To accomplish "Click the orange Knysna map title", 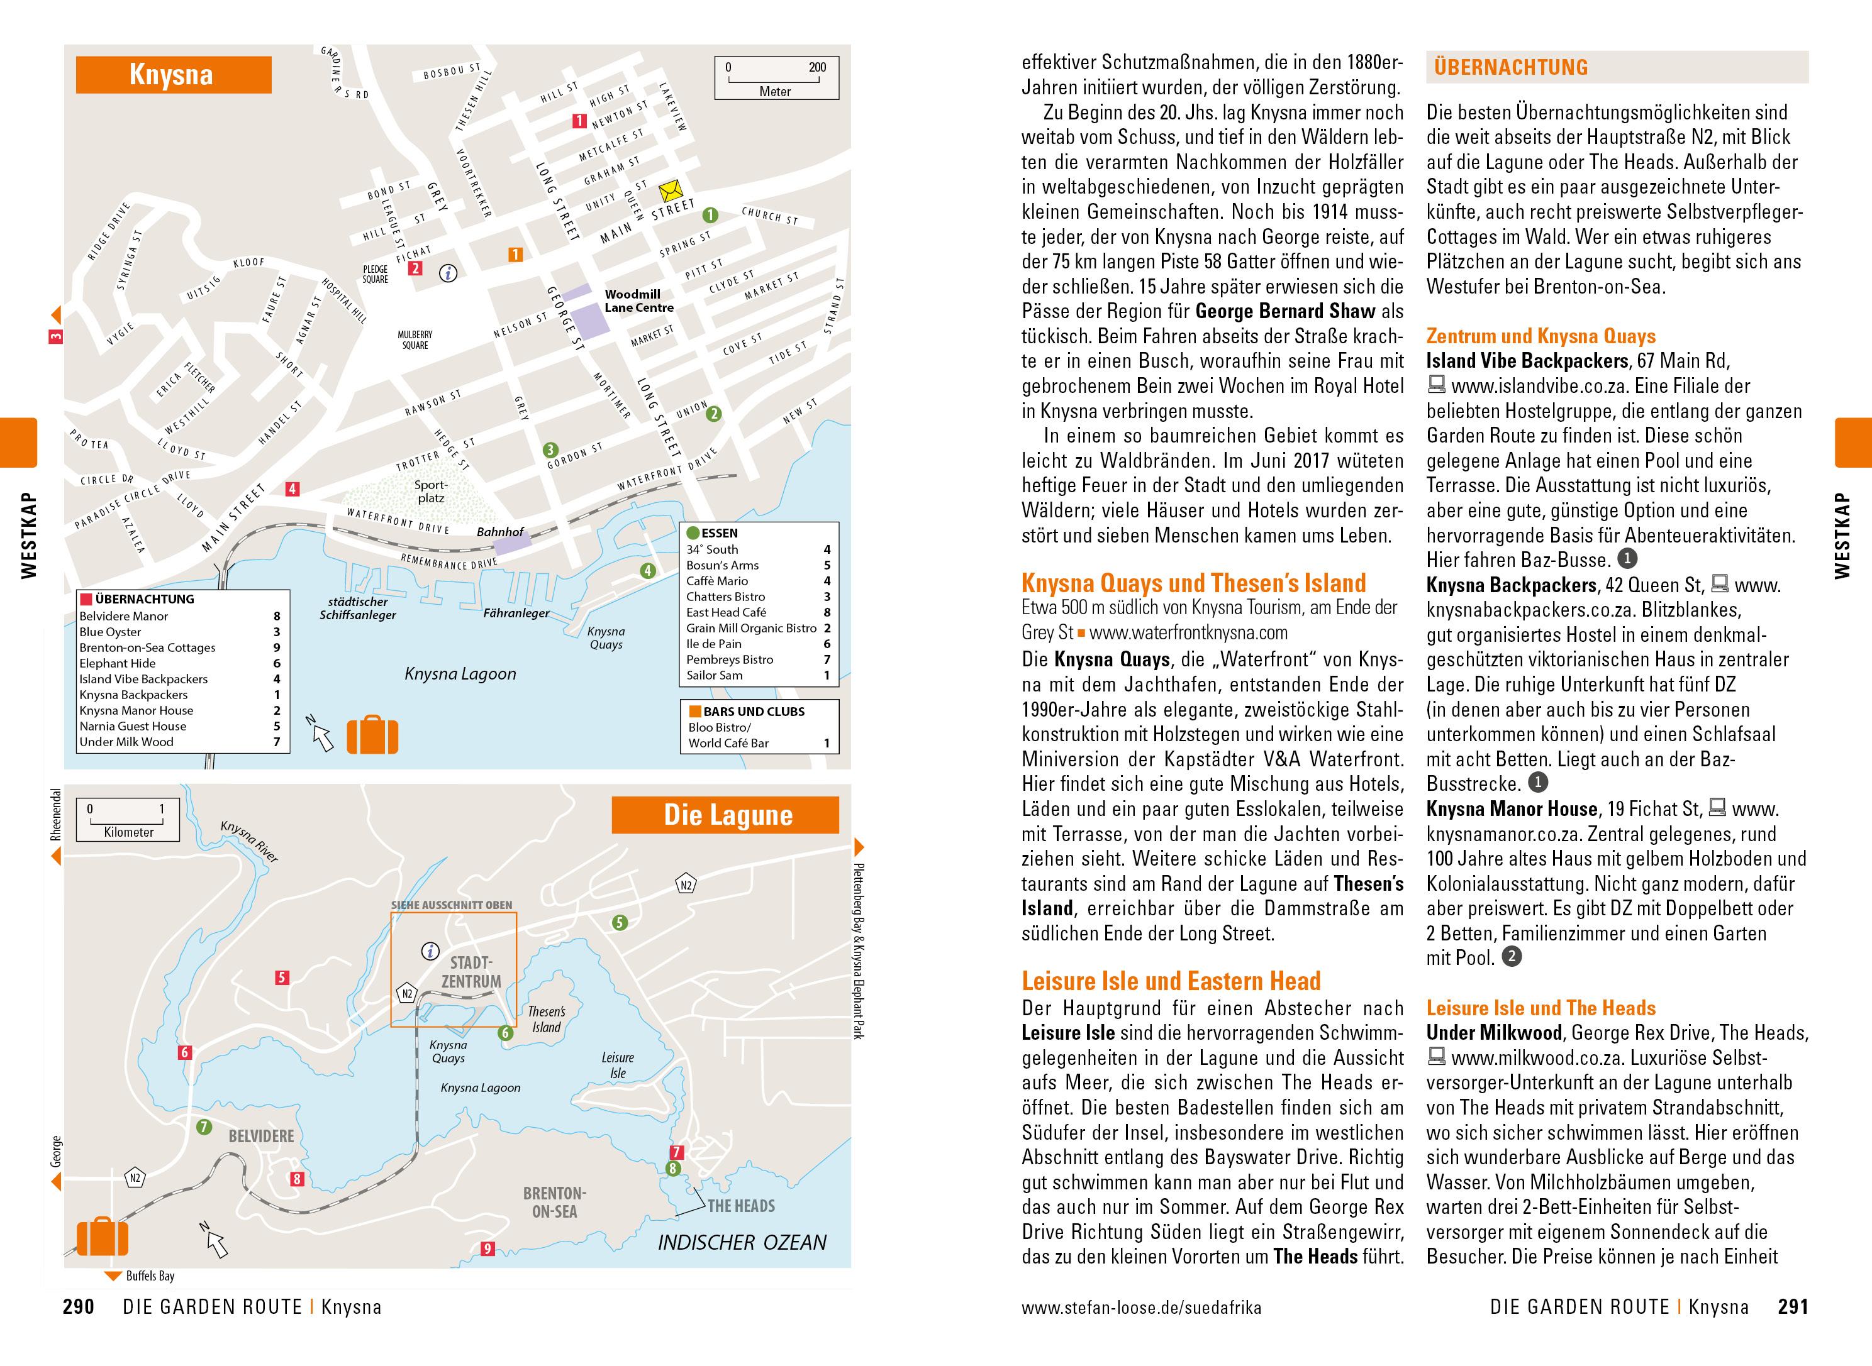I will pos(173,74).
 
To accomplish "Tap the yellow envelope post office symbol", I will pos(669,191).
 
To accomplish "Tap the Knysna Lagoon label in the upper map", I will pos(460,674).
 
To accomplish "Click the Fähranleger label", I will pos(516,613).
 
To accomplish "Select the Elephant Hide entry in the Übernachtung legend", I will pos(118,663).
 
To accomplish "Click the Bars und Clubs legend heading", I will pos(753,711).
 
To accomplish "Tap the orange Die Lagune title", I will pos(727,815).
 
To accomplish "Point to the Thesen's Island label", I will pos(546,1019).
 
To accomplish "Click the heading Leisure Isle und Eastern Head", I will pos(1171,981).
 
